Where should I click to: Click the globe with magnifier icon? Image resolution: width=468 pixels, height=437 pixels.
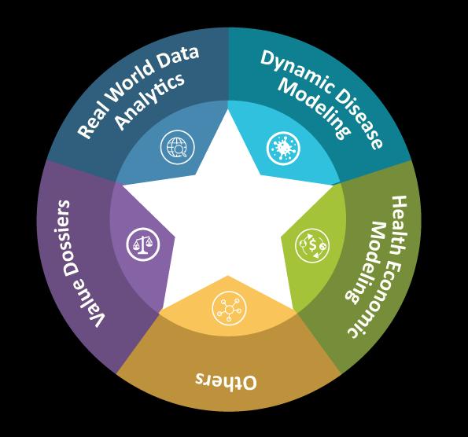click(x=177, y=147)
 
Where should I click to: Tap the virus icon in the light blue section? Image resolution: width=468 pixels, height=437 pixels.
click(x=283, y=149)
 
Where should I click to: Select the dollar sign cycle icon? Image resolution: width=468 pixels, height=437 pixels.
click(x=312, y=245)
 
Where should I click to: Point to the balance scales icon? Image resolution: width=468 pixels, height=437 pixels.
click(x=142, y=244)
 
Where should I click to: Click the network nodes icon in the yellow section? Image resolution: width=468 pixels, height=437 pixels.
click(x=229, y=308)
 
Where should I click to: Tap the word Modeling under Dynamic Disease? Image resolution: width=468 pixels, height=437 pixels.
click(x=315, y=108)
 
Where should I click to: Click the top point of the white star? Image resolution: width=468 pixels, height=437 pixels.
click(x=228, y=110)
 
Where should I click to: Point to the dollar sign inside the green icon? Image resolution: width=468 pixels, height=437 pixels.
click(x=312, y=245)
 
